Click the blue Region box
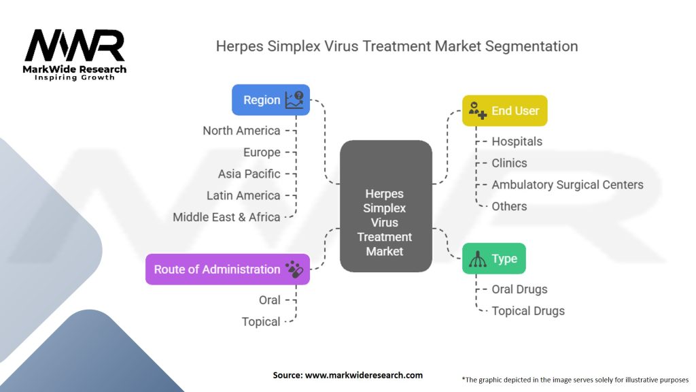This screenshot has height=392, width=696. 271,100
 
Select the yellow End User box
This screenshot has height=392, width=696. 504,111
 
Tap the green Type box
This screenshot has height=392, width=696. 493,259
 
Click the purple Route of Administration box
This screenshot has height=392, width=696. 227,269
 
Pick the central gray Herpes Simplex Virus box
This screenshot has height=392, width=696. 385,206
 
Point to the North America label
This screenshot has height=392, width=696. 241,131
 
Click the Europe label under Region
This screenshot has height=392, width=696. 262,152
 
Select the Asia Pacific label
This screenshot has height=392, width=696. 249,174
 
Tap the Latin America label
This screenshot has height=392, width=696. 243,196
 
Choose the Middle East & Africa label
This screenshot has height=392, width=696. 226,218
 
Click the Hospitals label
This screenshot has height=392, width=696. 517,142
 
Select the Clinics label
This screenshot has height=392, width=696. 509,163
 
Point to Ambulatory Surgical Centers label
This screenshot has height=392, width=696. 567,185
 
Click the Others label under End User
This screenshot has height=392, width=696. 509,207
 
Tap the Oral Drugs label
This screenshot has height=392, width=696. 519,289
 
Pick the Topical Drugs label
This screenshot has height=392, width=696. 528,311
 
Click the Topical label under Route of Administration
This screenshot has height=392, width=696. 261,322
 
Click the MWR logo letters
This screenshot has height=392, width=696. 75,46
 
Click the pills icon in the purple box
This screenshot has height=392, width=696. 294,269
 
